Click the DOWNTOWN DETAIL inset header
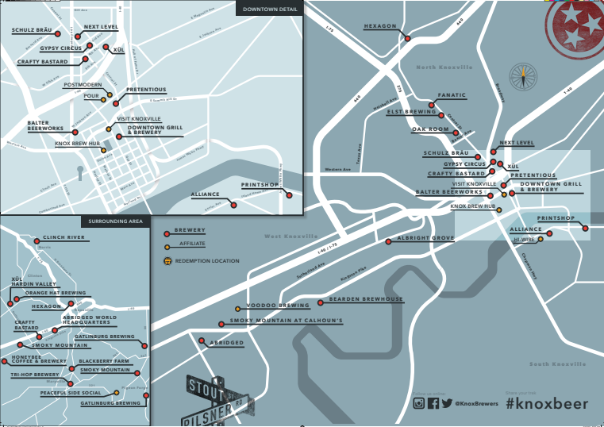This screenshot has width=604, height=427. click(269, 10)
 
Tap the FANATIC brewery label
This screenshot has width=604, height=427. click(452, 95)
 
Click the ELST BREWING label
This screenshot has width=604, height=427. click(411, 112)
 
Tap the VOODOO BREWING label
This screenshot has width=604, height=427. click(278, 305)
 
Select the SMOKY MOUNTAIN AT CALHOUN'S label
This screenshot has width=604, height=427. click(286, 321)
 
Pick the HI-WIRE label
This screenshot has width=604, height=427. click(523, 238)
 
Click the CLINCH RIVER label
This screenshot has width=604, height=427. click(63, 237)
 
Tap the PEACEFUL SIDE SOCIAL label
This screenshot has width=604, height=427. click(71, 393)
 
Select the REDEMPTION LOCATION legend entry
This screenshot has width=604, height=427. click(206, 260)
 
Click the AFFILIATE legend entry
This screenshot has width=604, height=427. click(192, 244)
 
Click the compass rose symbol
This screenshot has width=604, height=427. click(523, 76)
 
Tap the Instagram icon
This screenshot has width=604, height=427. click(418, 403)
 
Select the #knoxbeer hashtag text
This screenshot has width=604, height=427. click(547, 403)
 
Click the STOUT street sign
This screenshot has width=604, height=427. click(205, 388)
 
